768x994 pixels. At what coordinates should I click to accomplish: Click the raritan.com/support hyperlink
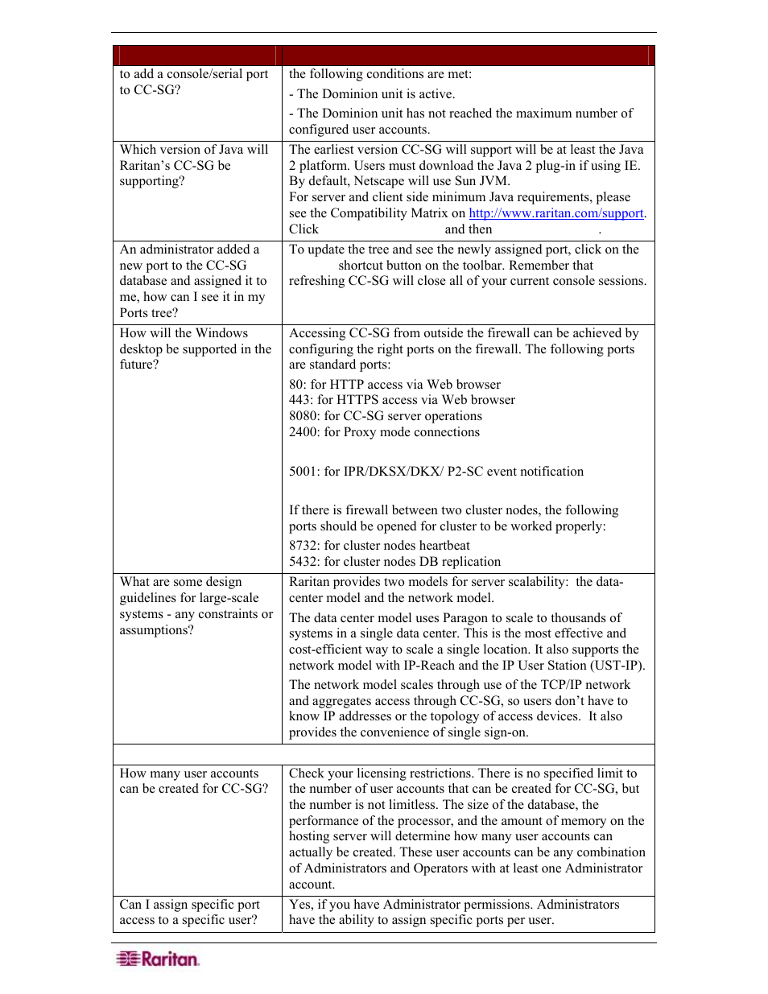[x=556, y=213]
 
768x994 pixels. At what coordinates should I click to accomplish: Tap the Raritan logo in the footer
[x=158, y=959]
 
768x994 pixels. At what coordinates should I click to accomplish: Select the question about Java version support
[x=194, y=165]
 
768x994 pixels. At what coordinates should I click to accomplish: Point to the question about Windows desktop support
[x=196, y=349]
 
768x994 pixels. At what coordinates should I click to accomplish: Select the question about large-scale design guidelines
[x=196, y=605]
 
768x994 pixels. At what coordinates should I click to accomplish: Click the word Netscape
[x=378, y=181]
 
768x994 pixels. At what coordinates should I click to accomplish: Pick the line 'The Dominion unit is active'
[x=375, y=94]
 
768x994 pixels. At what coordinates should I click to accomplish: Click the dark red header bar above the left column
[x=196, y=56]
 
